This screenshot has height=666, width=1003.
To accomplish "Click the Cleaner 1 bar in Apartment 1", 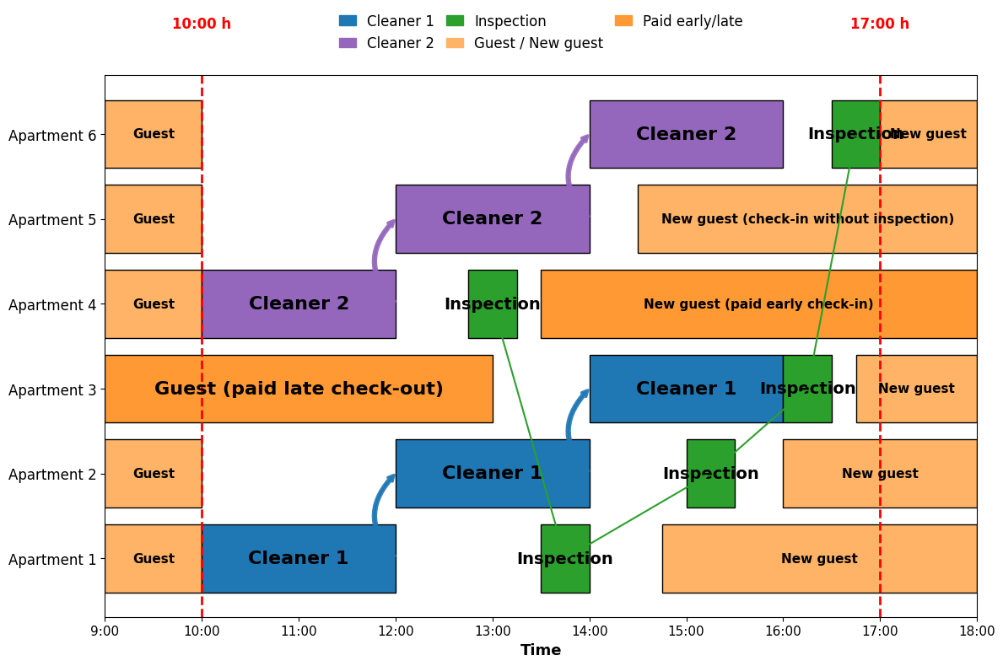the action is coord(299,559).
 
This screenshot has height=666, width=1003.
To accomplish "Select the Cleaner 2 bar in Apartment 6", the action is coord(687,134).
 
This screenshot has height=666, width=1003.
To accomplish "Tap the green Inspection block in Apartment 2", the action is coord(710,474).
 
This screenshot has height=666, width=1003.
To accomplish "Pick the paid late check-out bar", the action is coord(299,389).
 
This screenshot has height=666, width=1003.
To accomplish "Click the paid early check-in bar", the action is coord(758,304).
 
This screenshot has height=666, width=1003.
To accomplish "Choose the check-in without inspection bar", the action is coord(807,219).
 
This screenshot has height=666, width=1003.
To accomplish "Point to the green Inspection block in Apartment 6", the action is coord(856,134).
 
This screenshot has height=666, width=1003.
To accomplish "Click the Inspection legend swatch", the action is coord(456,21).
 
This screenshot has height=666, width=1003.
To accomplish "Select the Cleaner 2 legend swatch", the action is coord(348,43).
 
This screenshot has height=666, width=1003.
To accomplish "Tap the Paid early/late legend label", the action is coord(692,21).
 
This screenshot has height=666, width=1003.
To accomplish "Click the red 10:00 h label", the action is coord(202,24).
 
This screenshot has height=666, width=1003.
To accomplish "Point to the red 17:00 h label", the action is coord(880,24).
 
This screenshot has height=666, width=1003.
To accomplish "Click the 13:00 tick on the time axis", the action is coord(493,617).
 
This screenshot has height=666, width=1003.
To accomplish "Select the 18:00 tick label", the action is coord(977,631).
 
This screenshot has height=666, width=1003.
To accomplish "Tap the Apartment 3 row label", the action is coord(52,389).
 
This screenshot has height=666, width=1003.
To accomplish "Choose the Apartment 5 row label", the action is coord(52,220).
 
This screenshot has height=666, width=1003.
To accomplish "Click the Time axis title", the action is coord(541,650).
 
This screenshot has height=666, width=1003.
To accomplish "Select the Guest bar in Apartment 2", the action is coord(154,474).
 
